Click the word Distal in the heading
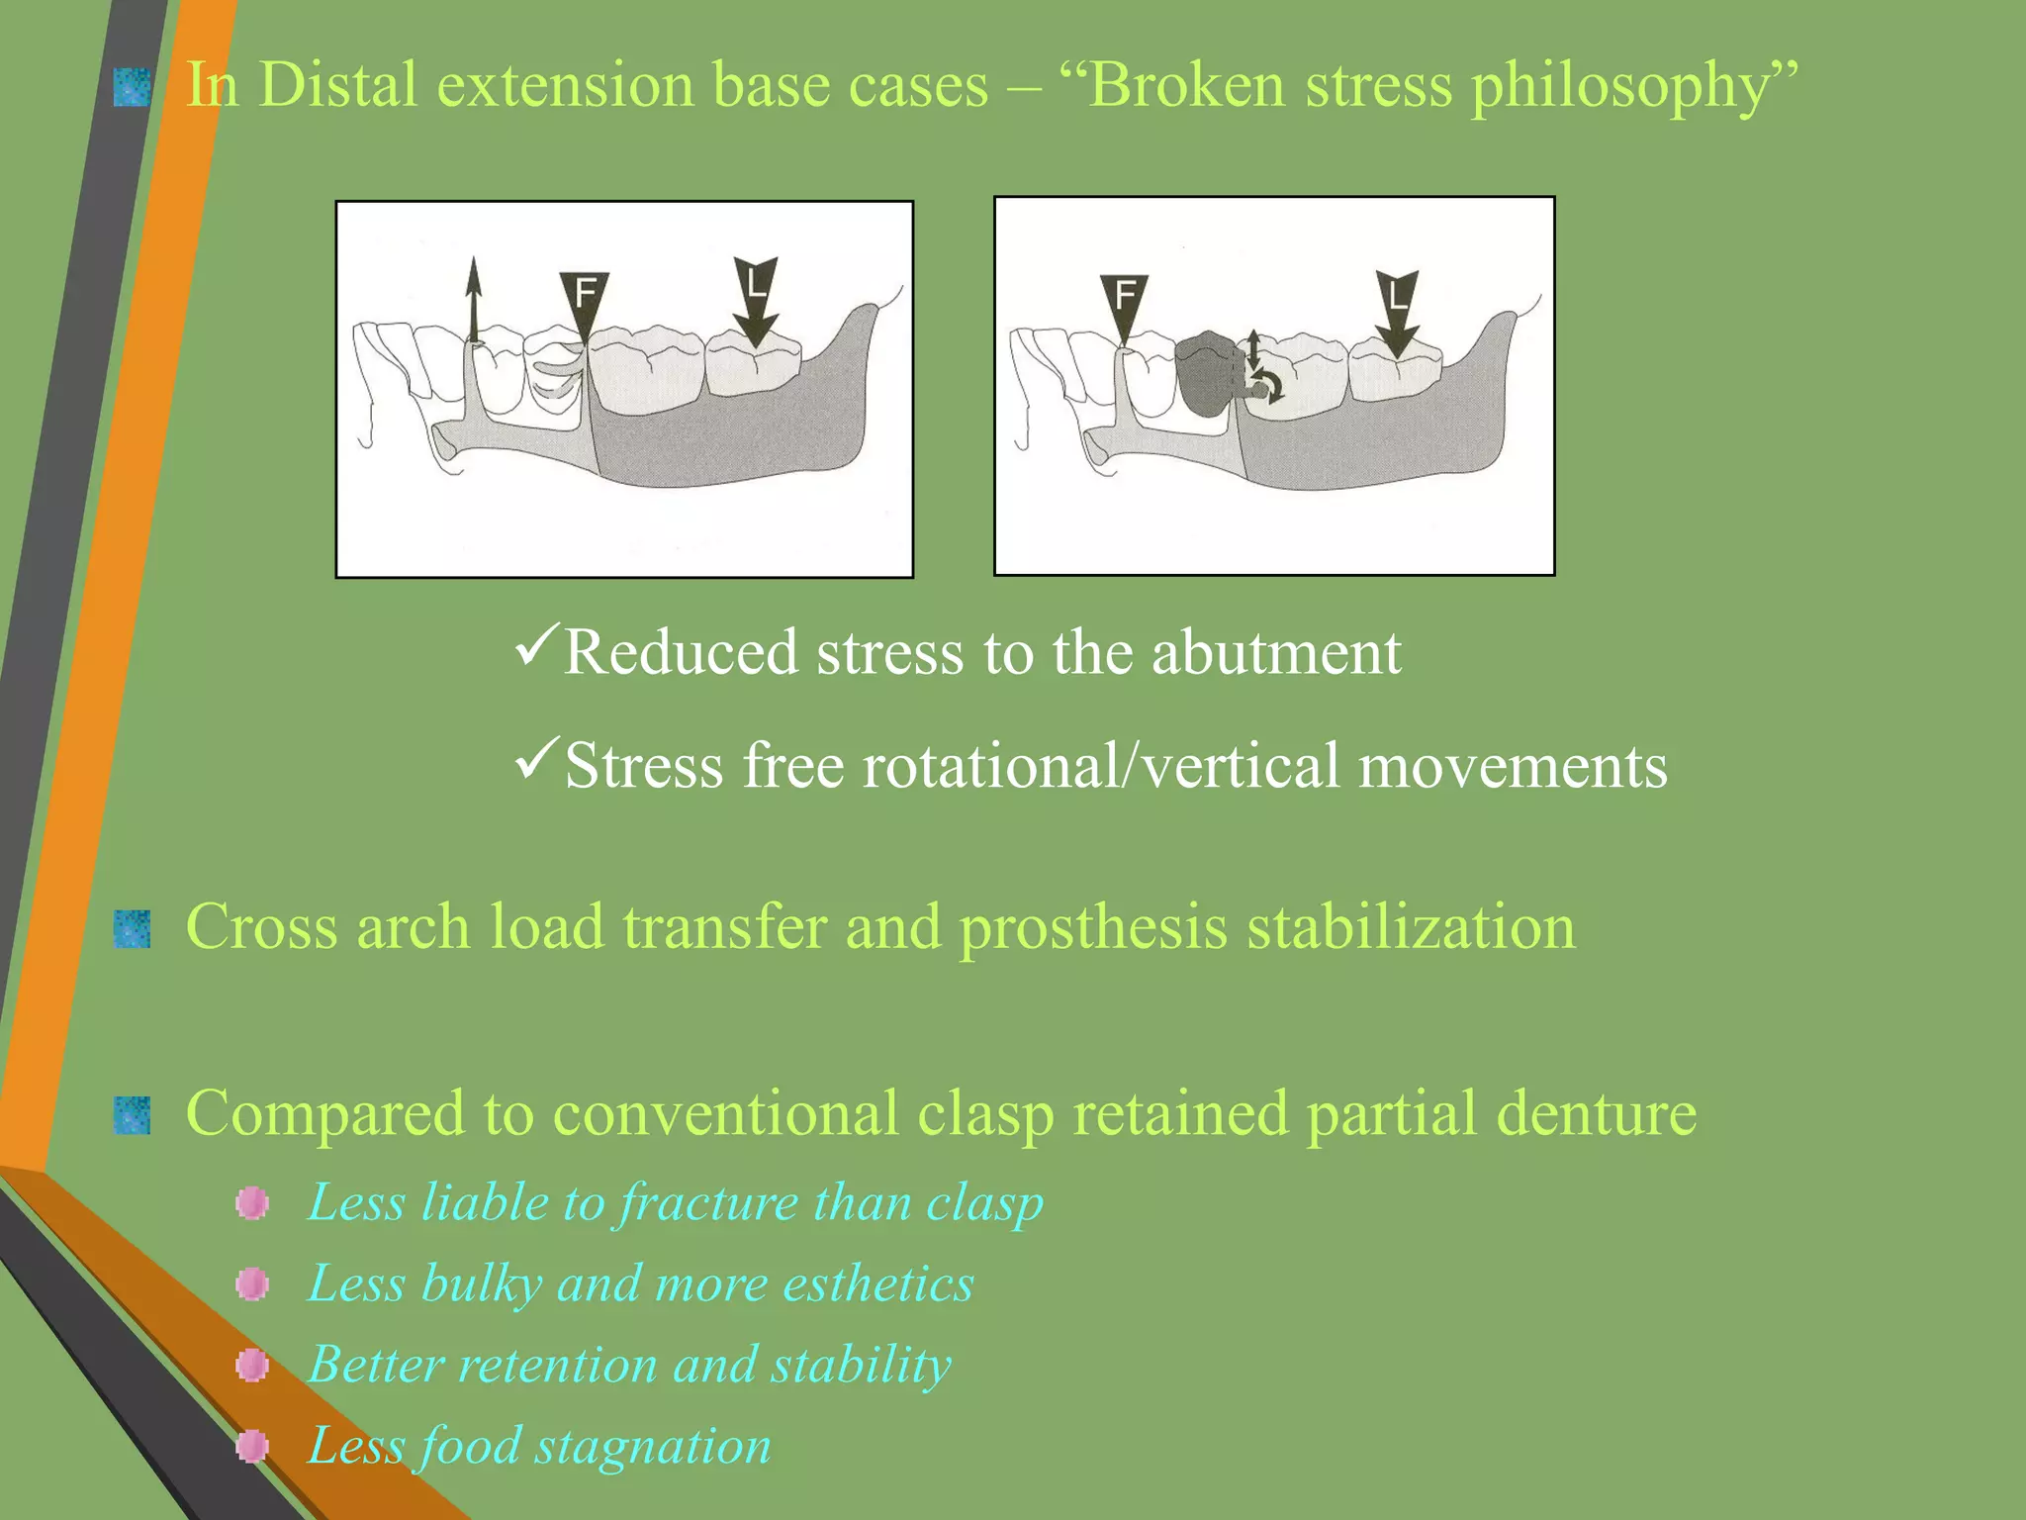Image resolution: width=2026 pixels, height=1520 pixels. click(338, 85)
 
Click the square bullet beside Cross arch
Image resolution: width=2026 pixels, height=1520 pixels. click(132, 929)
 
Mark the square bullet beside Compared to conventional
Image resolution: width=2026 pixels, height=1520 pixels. click(132, 1115)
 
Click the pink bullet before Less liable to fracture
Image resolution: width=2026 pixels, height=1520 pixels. click(252, 1203)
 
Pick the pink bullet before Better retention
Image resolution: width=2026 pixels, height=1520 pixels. click(252, 1366)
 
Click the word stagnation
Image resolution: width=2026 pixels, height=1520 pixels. click(653, 1447)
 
